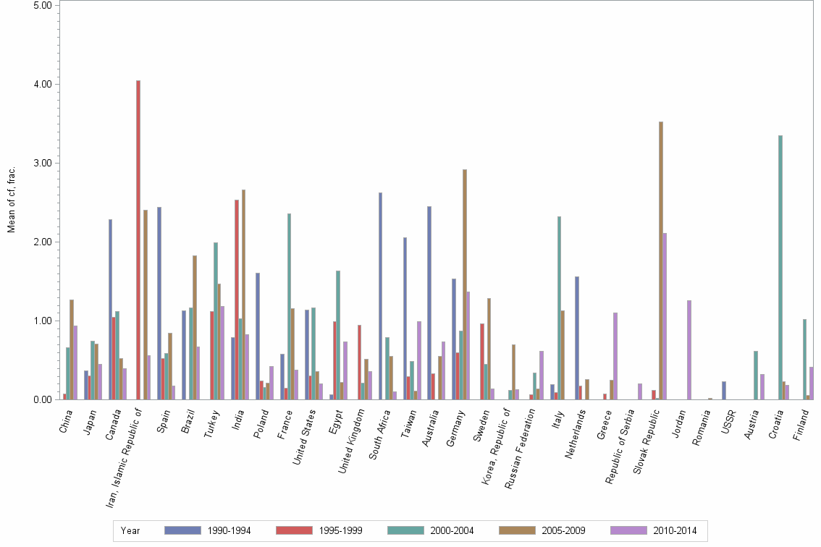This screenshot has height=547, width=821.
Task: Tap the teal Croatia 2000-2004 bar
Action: (780, 267)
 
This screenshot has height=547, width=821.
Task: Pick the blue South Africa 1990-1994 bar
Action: (380, 296)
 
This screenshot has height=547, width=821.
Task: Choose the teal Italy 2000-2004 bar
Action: (559, 308)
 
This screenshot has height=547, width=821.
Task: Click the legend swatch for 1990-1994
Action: (182, 530)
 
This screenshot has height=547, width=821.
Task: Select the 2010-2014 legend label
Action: (674, 530)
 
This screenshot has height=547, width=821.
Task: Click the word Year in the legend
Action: (130, 530)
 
